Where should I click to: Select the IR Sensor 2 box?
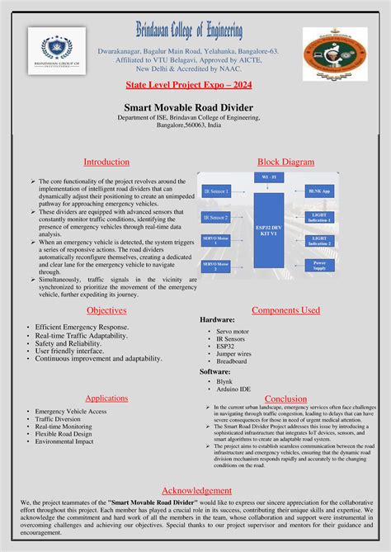[x=216, y=218]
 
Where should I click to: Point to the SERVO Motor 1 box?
[x=216, y=242]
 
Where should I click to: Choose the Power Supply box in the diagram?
[x=320, y=266]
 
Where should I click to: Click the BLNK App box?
[x=320, y=191]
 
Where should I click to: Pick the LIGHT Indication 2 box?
[x=320, y=241]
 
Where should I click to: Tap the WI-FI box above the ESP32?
[x=269, y=177]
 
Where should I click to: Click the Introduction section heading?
[x=107, y=162]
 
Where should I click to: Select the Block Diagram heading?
[x=285, y=162]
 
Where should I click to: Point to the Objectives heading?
[x=107, y=310]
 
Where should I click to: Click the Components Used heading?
[x=285, y=310]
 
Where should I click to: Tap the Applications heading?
[x=106, y=398]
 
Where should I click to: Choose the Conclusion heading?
[x=285, y=399]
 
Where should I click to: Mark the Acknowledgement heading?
[x=196, y=490]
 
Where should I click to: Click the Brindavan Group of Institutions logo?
[x=57, y=54]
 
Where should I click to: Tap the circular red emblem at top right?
[x=335, y=54]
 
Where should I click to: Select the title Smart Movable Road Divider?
[x=195, y=107]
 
